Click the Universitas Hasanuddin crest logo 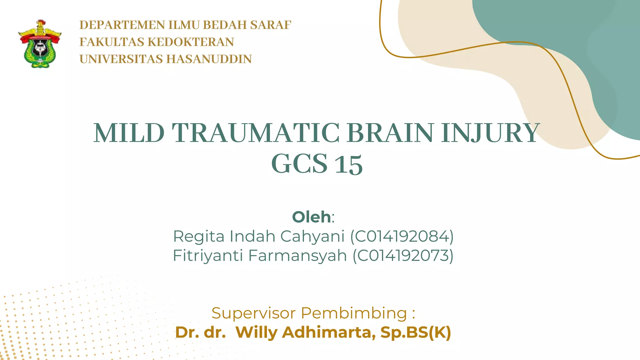40,44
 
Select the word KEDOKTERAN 191,42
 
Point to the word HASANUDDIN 209,59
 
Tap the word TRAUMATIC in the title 255,133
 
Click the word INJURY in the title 490,134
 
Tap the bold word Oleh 311,217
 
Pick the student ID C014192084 402,236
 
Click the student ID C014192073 403,256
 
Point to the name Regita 199,237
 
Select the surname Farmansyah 297,256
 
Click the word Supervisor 253,313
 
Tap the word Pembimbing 354,313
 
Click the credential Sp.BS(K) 416,332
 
